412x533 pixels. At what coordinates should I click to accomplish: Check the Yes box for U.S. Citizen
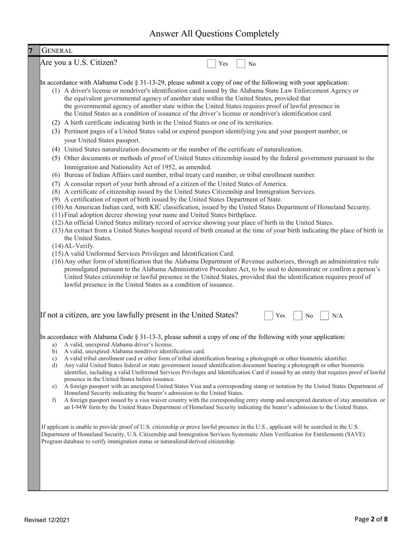pos(212,64)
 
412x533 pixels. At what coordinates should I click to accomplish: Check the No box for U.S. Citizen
pos(241,64)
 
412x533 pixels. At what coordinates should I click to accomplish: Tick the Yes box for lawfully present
pos(269,315)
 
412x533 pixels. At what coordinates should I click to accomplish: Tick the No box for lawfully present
pos(298,315)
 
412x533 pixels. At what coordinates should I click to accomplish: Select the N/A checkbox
pos(325,315)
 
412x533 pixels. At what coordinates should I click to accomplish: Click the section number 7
pos(31,51)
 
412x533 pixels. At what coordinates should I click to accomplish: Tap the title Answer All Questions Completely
pos(214,33)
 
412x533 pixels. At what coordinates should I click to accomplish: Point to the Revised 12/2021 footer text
pos(46,520)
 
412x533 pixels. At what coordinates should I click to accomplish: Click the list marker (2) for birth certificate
pos(56,123)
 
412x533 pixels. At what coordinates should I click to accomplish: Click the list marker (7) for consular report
pos(56,184)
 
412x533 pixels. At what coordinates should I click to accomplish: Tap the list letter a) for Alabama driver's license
pos(54,344)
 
